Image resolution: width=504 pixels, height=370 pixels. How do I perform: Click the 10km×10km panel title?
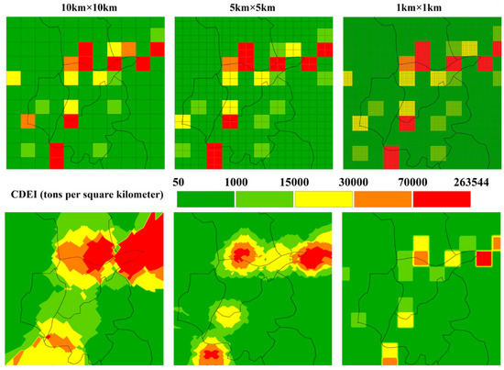click(x=78, y=8)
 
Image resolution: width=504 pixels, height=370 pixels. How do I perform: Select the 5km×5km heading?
click(x=248, y=8)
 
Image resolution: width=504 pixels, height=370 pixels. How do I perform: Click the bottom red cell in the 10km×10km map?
click(x=57, y=155)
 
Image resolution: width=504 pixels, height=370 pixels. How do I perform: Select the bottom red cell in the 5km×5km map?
click(x=214, y=155)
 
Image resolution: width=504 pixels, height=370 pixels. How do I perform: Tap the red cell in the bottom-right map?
click(x=483, y=258)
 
